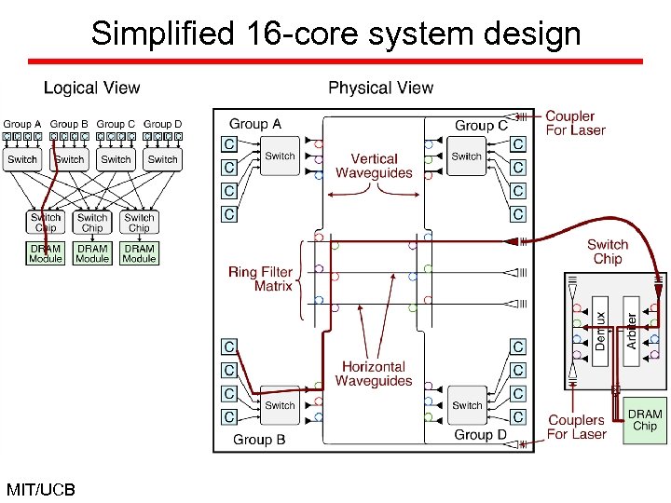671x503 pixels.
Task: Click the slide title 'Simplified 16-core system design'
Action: point(335,34)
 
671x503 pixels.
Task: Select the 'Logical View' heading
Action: point(92,88)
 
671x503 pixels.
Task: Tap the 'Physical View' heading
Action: point(380,88)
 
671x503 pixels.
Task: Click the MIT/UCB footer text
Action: point(40,489)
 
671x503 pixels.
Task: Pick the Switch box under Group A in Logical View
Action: point(22,159)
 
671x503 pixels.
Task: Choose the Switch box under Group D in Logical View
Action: point(162,159)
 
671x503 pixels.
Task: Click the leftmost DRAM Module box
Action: point(45,253)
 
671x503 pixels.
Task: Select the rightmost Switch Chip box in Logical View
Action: point(139,223)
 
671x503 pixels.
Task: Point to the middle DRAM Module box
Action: point(92,253)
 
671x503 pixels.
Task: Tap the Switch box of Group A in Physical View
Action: point(280,156)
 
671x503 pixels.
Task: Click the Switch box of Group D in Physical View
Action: point(467,405)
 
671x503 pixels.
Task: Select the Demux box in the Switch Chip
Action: point(601,331)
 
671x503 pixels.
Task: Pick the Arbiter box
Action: point(632,331)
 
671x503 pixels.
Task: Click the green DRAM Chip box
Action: point(645,420)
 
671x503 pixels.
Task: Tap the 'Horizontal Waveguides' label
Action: point(374,374)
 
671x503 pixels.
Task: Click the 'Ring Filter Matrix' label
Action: point(260,279)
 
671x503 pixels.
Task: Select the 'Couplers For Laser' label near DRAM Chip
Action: point(576,428)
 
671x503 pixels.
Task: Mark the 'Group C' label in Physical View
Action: point(481,125)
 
